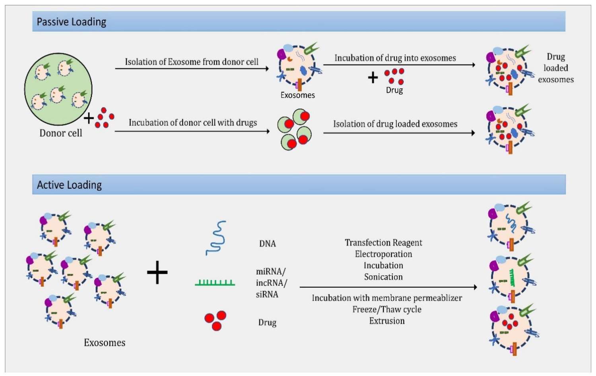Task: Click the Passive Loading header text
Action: tap(72, 22)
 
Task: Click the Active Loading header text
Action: tap(69, 185)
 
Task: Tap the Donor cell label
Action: tap(60, 133)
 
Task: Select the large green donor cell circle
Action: tap(58, 89)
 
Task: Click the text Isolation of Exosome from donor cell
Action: tap(192, 62)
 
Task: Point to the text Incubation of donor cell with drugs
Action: tap(193, 123)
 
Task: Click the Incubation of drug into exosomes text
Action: tap(395, 58)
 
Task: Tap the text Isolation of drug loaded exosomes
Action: tap(395, 124)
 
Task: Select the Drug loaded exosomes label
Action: tap(556, 68)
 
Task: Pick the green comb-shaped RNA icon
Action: tap(215, 283)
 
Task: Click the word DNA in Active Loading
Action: tap(267, 244)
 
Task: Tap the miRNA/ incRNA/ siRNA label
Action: tap(271, 283)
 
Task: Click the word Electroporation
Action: tap(383, 254)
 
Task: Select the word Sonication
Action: tap(383, 277)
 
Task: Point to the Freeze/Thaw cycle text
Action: tap(387, 310)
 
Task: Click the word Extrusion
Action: tap(387, 321)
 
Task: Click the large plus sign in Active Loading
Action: tap(157, 272)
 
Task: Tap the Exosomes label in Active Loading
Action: tap(105, 343)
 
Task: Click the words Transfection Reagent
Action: tap(383, 243)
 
